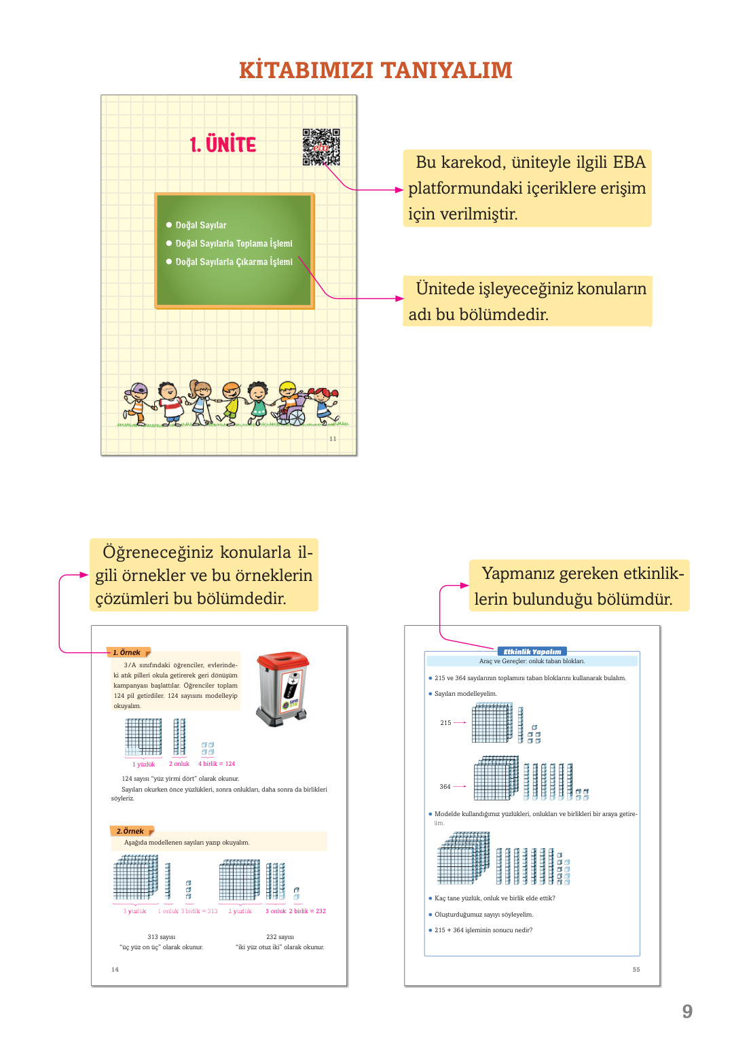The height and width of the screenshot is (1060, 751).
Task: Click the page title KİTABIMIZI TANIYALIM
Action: pyautogui.click(x=375, y=70)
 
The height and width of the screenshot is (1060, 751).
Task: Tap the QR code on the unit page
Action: pyautogui.click(x=321, y=147)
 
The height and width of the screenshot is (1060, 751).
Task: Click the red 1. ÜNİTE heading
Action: pyautogui.click(x=223, y=144)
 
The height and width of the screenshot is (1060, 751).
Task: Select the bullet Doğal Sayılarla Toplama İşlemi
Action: pyautogui.click(x=234, y=243)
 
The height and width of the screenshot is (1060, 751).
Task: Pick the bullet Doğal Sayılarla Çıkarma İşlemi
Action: pyautogui.click(x=234, y=262)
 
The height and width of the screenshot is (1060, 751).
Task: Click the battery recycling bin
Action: pyautogui.click(x=283, y=688)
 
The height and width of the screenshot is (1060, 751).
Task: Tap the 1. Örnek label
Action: pyautogui.click(x=127, y=652)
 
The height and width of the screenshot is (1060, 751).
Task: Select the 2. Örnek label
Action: pyautogui.click(x=130, y=831)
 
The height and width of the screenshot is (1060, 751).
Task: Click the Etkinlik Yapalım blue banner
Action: pyautogui.click(x=532, y=652)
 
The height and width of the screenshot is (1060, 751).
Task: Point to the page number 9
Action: pyautogui.click(x=687, y=1012)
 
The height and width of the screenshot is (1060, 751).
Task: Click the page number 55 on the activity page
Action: pyautogui.click(x=636, y=970)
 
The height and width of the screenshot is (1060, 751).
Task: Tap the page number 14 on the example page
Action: pyautogui.click(x=115, y=970)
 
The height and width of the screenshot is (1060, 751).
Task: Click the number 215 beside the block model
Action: pyautogui.click(x=445, y=723)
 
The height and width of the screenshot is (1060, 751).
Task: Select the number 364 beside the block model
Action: pyautogui.click(x=445, y=787)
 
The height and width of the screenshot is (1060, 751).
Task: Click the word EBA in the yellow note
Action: pyautogui.click(x=629, y=162)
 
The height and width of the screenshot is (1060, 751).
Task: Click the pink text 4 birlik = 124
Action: pyautogui.click(x=217, y=764)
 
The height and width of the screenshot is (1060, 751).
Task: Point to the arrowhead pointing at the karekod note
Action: pyautogui.click(x=399, y=190)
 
